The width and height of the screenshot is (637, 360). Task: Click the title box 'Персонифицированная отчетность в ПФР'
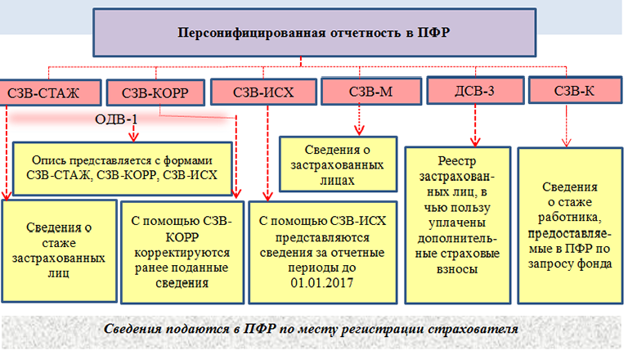click(315, 32)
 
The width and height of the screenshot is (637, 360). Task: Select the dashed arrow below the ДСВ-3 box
click(474, 124)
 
